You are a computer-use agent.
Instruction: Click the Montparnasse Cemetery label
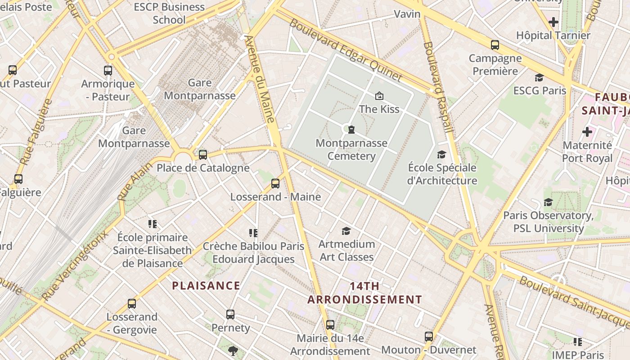pos(351,150)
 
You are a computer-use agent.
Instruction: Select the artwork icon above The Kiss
pos(379,96)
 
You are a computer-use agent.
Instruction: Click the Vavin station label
pos(407,14)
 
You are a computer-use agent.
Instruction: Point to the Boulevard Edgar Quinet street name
pos(346,50)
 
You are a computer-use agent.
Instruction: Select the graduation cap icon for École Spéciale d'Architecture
pos(442,155)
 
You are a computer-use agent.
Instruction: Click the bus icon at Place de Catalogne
pos(203,155)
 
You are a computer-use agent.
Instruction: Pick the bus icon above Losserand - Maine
pos(275,184)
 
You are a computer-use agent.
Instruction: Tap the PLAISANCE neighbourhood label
pos(206,286)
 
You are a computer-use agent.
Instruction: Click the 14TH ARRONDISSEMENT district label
pos(364,293)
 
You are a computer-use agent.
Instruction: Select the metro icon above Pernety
pos(230,315)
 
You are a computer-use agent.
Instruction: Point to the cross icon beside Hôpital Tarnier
pos(553,22)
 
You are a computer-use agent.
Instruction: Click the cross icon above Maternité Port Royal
pos(587,132)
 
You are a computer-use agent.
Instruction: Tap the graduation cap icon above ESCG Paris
pos(539,78)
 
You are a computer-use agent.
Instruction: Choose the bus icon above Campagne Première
pos(495,45)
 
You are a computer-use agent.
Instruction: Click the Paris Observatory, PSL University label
pos(548,222)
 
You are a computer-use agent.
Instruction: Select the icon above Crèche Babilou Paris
pos(253,233)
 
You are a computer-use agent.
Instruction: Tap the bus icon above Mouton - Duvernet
pos(428,337)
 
